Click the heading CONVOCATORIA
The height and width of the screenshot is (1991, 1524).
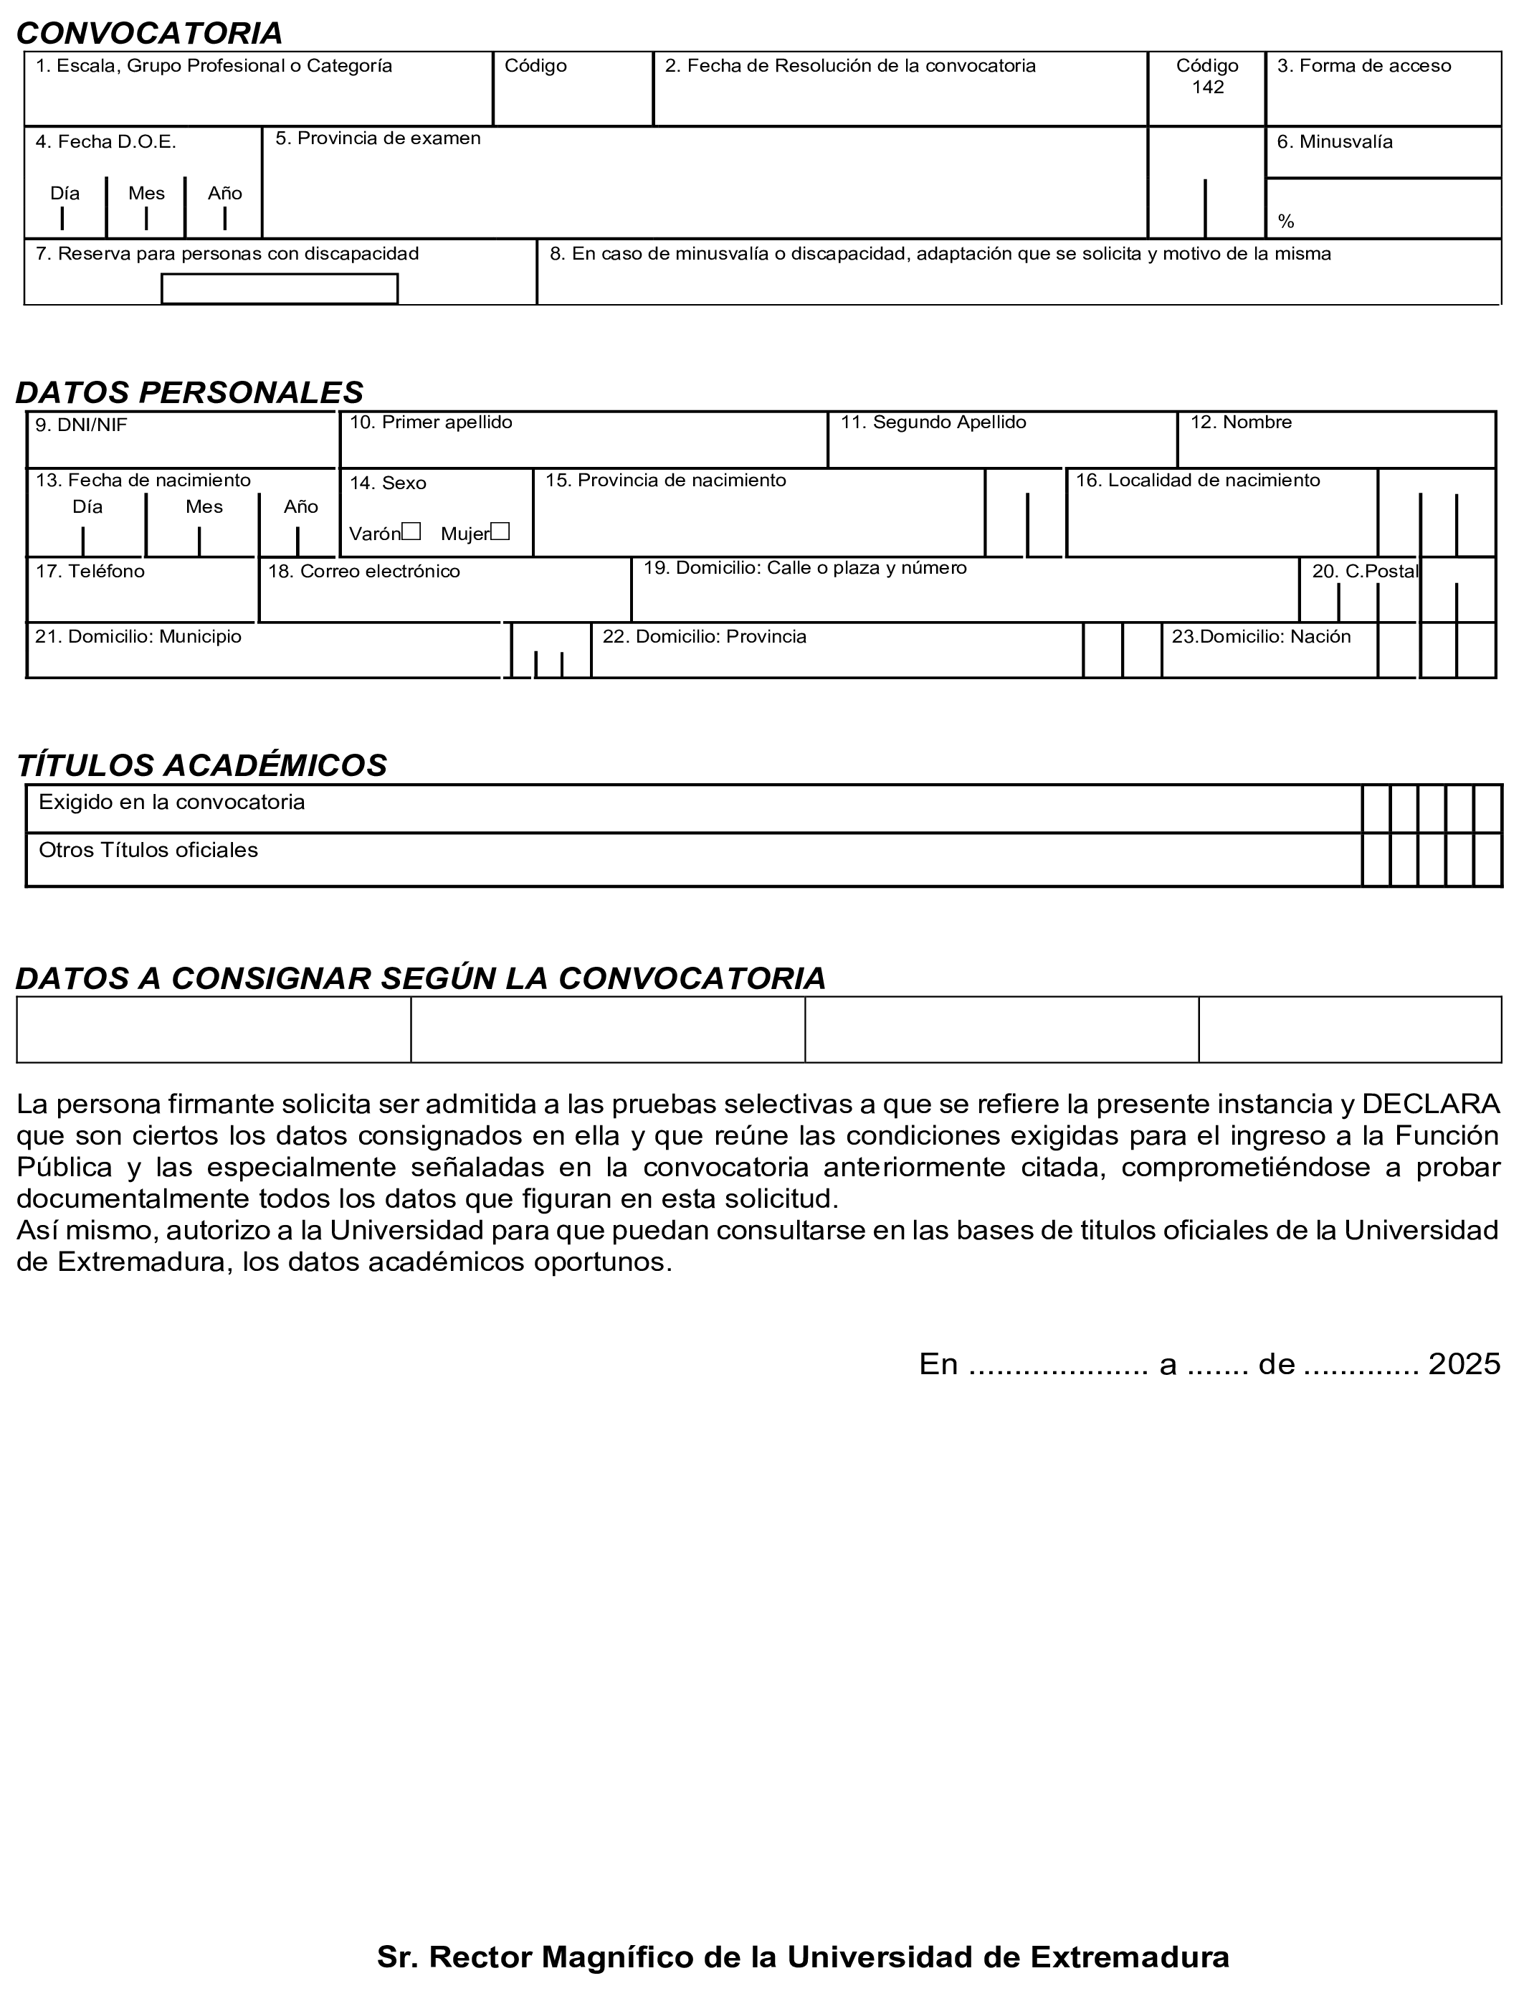(x=150, y=34)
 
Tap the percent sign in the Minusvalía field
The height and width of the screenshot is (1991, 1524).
(x=1285, y=222)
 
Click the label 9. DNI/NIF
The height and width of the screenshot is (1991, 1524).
(x=81, y=425)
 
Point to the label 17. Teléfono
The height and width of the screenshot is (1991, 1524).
(x=90, y=571)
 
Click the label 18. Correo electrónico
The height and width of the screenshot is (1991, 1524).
(x=363, y=572)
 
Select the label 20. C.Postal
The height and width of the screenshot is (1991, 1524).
(x=1364, y=571)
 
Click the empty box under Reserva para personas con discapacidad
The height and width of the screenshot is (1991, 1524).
(x=280, y=288)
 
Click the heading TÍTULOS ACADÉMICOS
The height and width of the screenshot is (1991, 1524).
(x=201, y=765)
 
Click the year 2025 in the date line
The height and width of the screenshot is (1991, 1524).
(x=1464, y=1364)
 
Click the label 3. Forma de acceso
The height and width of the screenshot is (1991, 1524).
(x=1363, y=65)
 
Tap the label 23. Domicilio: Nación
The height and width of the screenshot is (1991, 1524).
(x=1261, y=636)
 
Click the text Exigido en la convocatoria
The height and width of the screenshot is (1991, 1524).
(x=171, y=802)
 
